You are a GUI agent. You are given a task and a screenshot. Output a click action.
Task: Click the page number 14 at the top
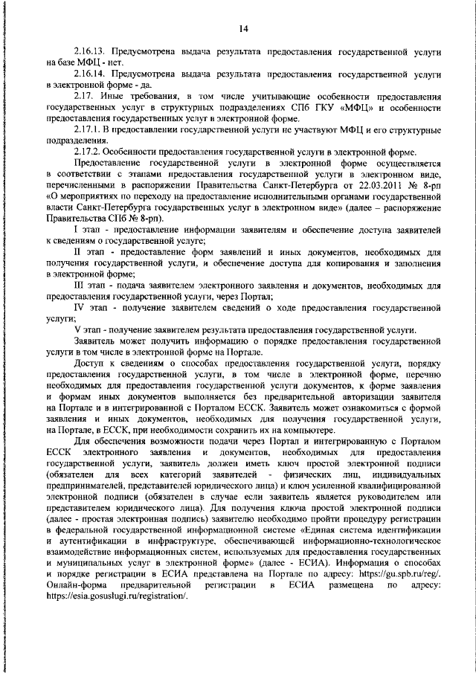tap(242, 29)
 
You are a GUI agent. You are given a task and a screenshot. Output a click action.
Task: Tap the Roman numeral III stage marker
tap(80, 286)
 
